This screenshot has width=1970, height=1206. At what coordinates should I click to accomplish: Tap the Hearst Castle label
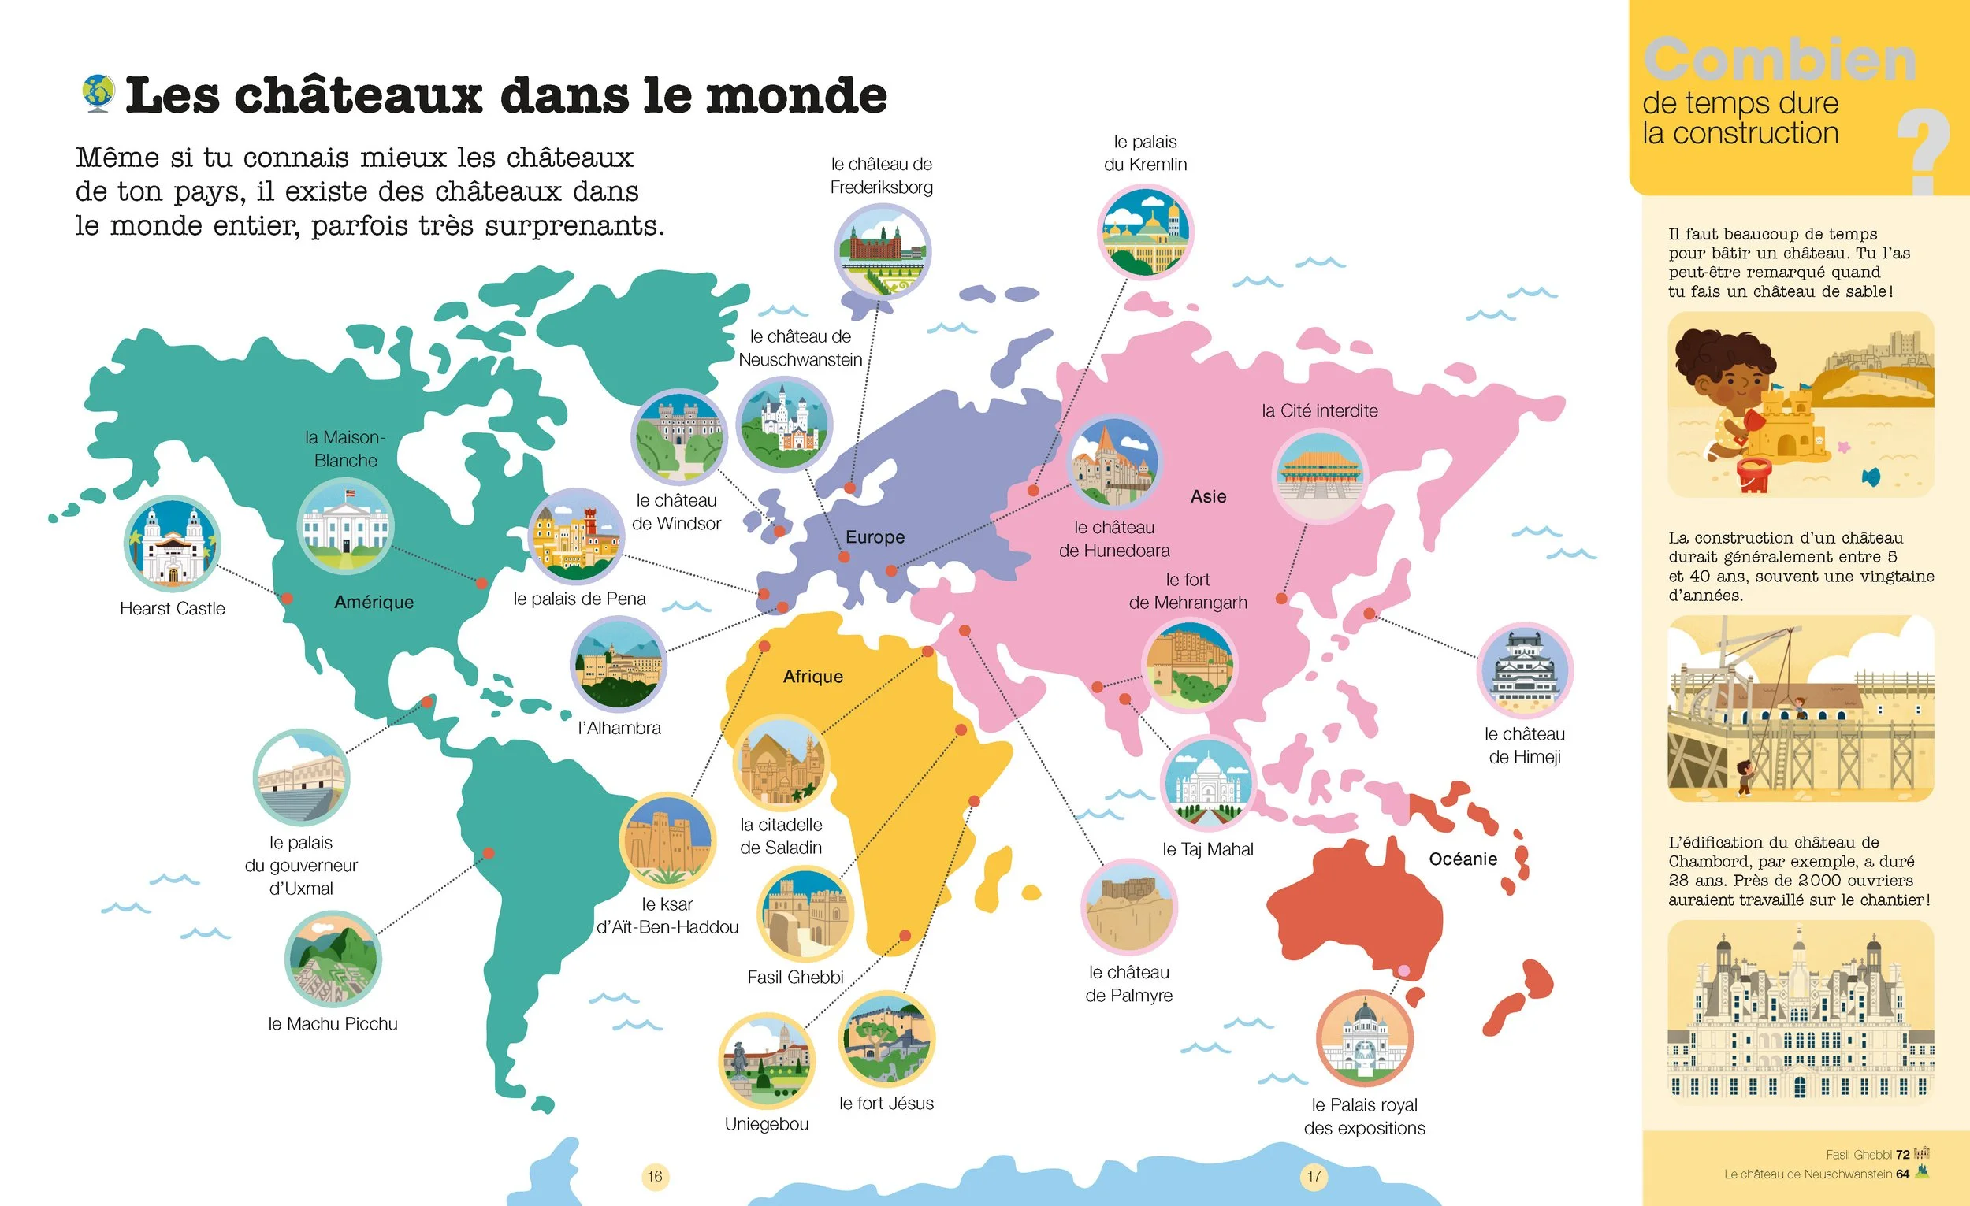coord(172,608)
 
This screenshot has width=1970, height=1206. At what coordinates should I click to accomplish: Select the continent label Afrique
coord(812,676)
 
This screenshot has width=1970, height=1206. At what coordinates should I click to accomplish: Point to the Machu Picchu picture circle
coord(333,959)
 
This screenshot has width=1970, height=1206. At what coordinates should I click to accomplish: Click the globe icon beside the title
coord(98,94)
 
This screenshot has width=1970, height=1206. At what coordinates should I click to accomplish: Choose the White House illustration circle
coord(345,526)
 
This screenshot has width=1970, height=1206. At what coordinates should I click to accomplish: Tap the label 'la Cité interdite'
coord(1319,410)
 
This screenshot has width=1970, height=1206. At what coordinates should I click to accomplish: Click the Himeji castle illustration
coord(1526,670)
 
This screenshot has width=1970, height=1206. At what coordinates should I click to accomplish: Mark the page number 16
coord(655,1176)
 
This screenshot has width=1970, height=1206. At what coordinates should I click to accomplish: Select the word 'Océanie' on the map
coord(1463,859)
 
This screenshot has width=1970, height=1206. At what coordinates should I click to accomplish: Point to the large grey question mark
coord(1923,152)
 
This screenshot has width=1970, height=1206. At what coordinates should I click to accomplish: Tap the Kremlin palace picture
coord(1145,232)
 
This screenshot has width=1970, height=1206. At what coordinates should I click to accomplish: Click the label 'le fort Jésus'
coord(886,1103)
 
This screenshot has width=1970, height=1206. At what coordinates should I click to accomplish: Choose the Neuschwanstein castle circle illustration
coord(783,425)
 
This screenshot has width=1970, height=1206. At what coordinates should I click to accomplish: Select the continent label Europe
coord(875,537)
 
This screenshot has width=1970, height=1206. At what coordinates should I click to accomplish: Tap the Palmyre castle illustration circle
coord(1128,907)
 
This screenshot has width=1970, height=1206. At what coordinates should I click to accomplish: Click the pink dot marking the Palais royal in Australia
coord(1403,970)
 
